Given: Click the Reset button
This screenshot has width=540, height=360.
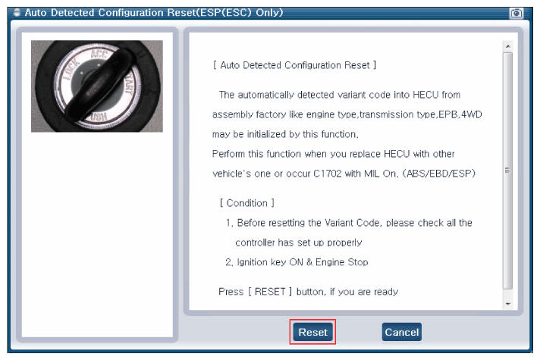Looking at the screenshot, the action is pyautogui.click(x=312, y=332).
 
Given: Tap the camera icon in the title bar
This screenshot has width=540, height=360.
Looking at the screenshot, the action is pyautogui.click(x=516, y=13).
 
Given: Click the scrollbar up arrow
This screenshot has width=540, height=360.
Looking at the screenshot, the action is pyautogui.click(x=507, y=46).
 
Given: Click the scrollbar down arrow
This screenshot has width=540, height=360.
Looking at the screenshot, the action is pyautogui.click(x=507, y=304).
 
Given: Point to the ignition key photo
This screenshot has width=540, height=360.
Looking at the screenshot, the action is pyautogui.click(x=97, y=86).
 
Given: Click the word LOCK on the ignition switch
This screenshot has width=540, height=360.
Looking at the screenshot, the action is pyautogui.click(x=71, y=70).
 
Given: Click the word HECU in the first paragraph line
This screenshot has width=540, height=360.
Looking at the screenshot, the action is pyautogui.click(x=425, y=95).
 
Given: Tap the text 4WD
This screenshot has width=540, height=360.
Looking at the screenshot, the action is pyautogui.click(x=472, y=114).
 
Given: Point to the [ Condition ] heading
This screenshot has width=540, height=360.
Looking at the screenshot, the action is pyautogui.click(x=247, y=203).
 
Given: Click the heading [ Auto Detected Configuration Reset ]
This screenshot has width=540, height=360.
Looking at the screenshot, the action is pyautogui.click(x=294, y=65).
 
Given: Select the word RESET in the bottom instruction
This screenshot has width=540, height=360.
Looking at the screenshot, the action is pyautogui.click(x=270, y=292).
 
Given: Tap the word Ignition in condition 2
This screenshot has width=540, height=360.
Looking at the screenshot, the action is pyautogui.click(x=252, y=262).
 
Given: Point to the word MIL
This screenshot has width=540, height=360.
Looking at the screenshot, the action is pyautogui.click(x=372, y=174).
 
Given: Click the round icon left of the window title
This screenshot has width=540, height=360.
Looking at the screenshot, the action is pyautogui.click(x=17, y=13).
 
